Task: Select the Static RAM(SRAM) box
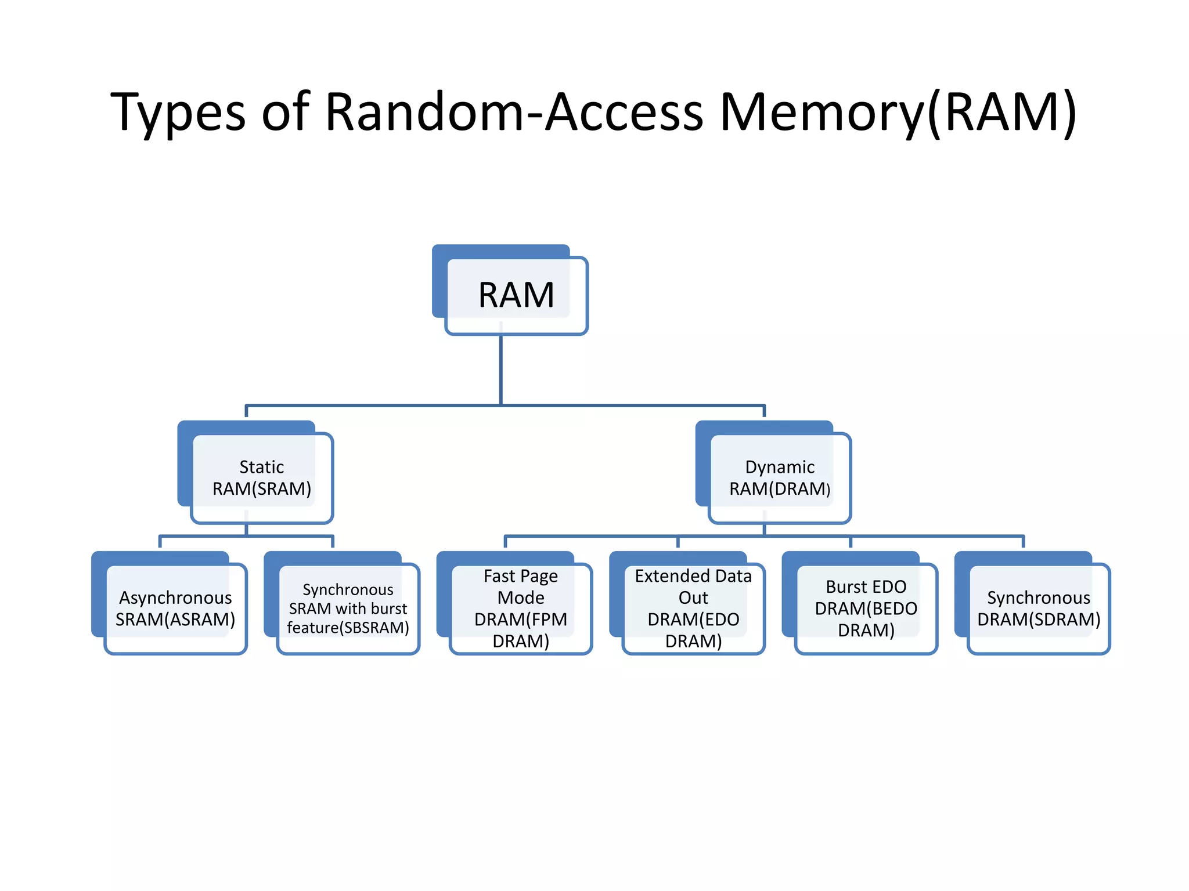261,477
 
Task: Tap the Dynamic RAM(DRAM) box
779,477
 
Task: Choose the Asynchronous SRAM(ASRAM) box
175,608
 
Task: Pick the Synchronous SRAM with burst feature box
348,608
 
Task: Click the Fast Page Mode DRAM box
520,608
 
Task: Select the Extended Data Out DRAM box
693,608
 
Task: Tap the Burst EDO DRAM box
866,608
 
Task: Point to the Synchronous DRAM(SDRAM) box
1038,608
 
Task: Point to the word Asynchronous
175,597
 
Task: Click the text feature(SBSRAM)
348,628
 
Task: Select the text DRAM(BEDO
866,609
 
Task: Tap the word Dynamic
780,467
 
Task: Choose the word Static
261,467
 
